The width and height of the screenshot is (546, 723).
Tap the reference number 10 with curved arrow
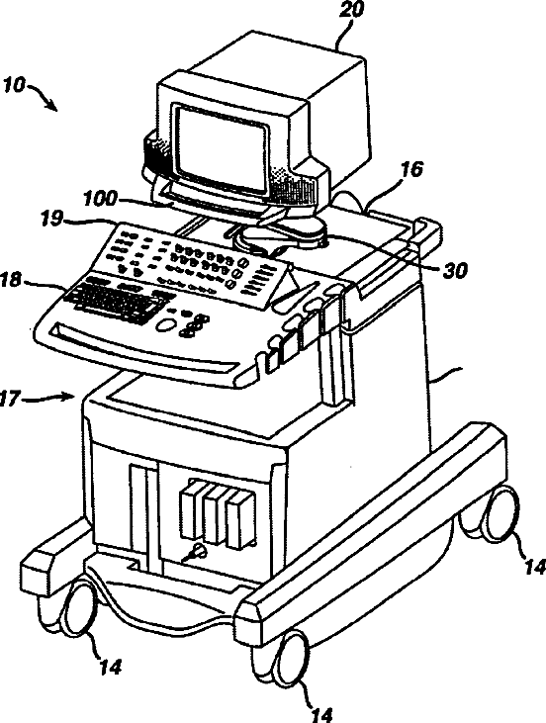(14, 85)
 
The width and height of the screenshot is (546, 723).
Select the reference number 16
(411, 169)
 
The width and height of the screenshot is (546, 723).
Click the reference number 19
(50, 219)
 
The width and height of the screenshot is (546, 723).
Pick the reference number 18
(11, 280)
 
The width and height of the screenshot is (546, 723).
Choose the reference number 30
(455, 271)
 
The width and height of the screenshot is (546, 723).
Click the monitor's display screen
(222, 150)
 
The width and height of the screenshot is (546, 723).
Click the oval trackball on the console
(165, 325)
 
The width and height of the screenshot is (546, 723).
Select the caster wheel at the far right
(497, 512)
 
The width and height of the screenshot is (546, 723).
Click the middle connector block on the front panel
(215, 514)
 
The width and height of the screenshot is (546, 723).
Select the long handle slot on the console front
(145, 348)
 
